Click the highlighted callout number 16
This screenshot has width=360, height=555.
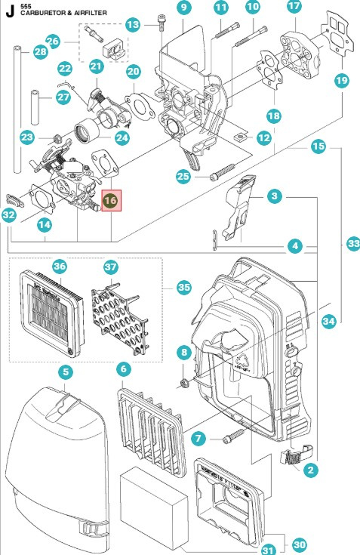(x=110, y=201)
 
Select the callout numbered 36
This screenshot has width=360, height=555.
(x=60, y=266)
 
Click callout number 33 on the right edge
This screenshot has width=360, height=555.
(x=352, y=243)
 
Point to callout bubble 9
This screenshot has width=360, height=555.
(x=184, y=8)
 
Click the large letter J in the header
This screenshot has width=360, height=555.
(x=11, y=11)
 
